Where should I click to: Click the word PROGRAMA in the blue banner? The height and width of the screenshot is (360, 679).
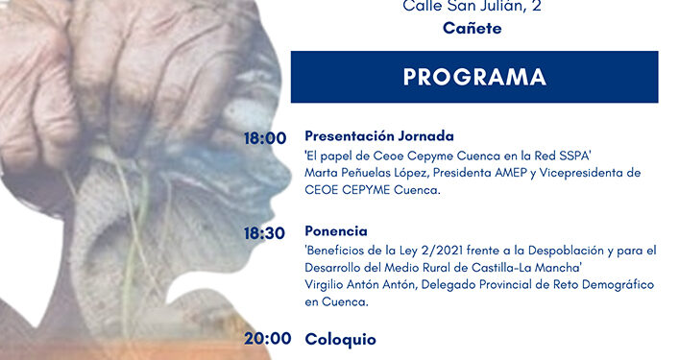point(474,77)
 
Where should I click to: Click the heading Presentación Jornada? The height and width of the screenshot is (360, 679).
point(378,136)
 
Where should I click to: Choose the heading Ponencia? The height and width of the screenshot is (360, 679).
point(336,231)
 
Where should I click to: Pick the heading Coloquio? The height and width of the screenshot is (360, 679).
point(341,339)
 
